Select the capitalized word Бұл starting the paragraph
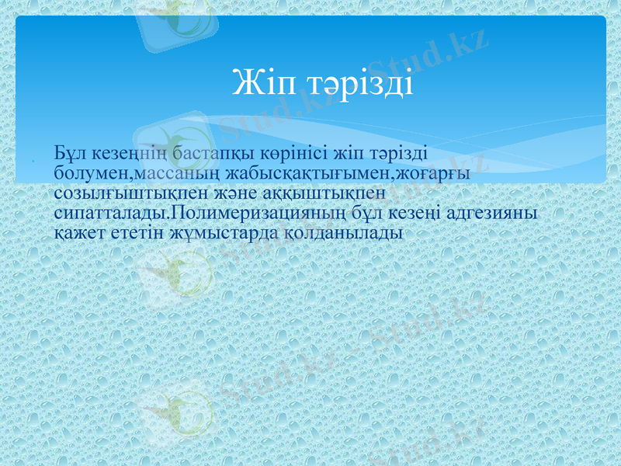71,152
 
